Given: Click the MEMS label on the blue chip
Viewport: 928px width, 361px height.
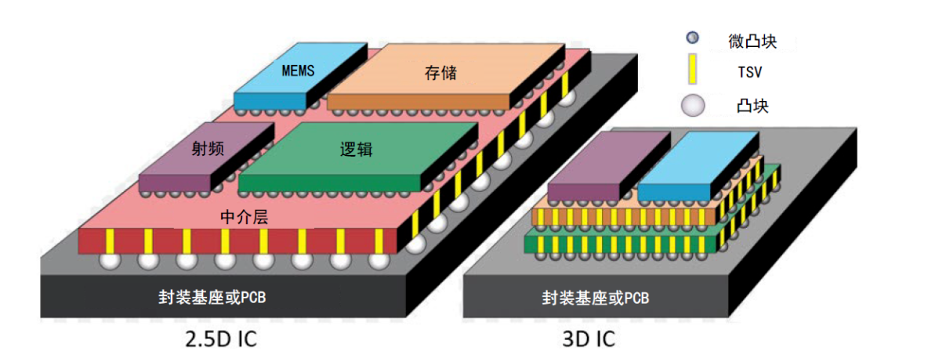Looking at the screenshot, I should pyautogui.click(x=298, y=70).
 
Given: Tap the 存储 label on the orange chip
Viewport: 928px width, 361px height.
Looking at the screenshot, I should pyautogui.click(x=441, y=74).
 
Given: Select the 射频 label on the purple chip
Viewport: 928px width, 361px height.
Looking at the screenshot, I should pyautogui.click(x=208, y=148).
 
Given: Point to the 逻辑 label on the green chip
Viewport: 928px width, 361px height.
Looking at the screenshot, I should pyautogui.click(x=356, y=150).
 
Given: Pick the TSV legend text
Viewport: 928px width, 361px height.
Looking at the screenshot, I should pyautogui.click(x=750, y=73).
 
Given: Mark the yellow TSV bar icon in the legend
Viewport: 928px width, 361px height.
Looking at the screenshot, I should pyautogui.click(x=692, y=70).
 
